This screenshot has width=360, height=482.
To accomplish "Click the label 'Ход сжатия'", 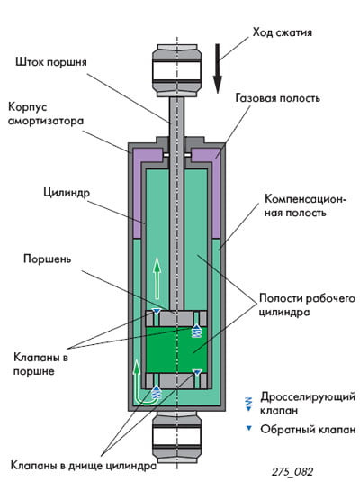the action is (282, 32).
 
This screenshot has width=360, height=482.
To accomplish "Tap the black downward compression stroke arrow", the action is (218, 68).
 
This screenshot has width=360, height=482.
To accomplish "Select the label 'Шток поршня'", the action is (51, 62).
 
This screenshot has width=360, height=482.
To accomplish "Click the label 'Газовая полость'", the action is (278, 98).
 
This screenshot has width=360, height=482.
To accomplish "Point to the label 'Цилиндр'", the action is (67, 193).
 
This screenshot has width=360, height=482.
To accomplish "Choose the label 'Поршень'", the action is (48, 259).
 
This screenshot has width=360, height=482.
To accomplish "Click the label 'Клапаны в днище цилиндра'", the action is (84, 465).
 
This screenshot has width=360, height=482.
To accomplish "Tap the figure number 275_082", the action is (292, 471).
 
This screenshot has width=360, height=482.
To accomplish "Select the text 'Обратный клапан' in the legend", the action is (308, 429).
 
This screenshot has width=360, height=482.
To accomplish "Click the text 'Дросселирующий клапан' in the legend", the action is (308, 404).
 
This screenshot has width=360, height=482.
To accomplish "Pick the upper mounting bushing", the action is (176, 70).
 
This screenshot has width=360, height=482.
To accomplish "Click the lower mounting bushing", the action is (176, 438).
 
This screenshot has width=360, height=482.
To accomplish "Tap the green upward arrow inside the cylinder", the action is (157, 278).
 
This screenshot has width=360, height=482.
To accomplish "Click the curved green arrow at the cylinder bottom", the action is (143, 384).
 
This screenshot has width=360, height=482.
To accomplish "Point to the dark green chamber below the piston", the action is (176, 350).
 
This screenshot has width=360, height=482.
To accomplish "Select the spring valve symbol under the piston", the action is (196, 331).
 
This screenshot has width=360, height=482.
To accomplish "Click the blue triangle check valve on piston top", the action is (157, 312).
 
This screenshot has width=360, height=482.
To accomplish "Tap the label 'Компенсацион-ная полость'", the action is (305, 205).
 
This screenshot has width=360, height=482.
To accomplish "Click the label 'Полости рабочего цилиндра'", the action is (307, 305).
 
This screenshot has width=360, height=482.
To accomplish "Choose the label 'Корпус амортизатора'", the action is (46, 114).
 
